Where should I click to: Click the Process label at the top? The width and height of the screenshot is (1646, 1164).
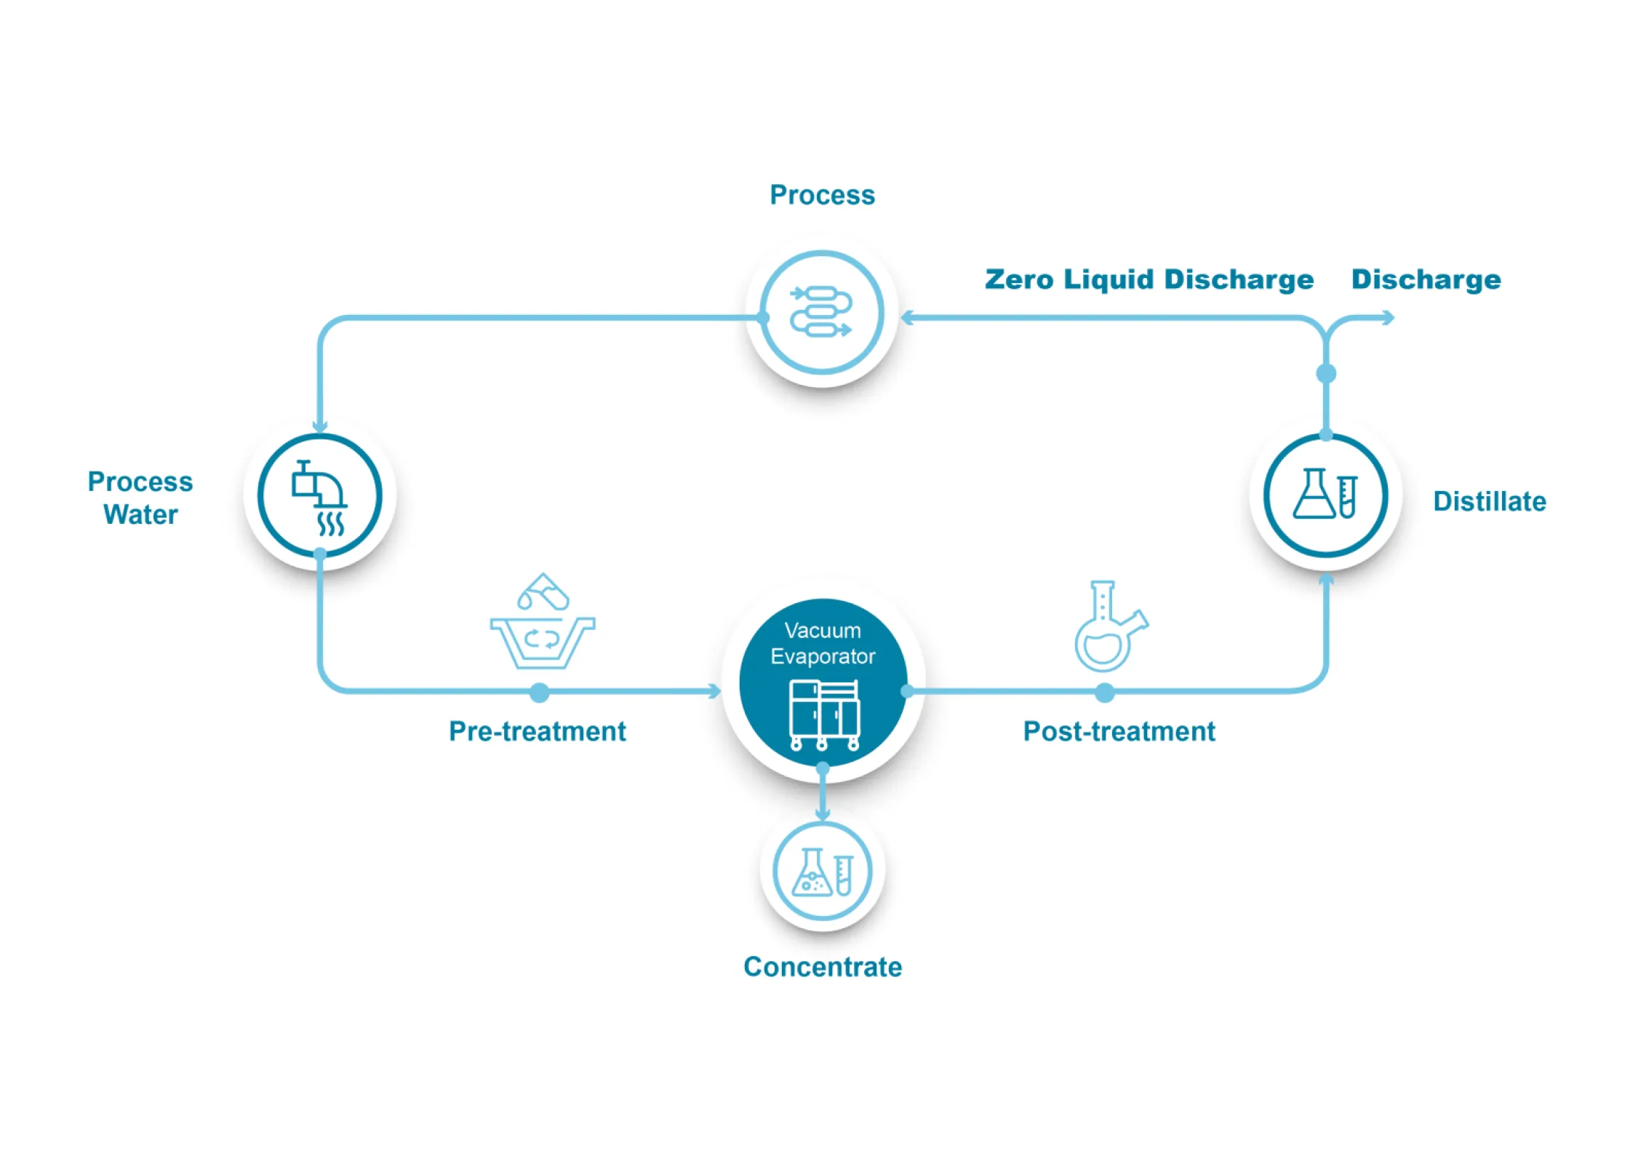822,195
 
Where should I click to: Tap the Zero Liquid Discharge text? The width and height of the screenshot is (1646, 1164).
1148,279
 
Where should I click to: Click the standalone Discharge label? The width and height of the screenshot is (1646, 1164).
1425,279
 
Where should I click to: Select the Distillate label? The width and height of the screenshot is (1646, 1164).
1489,501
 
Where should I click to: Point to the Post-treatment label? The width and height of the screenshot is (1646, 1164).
1118,731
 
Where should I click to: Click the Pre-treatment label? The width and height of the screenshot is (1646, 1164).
537,731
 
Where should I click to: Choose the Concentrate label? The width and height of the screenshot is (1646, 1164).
822,967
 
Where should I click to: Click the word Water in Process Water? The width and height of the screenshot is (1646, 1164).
140,514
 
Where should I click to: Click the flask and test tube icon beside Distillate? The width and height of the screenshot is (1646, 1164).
1325,494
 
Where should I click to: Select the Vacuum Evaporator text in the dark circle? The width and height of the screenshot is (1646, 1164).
822,643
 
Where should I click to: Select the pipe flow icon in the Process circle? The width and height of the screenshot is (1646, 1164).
821,312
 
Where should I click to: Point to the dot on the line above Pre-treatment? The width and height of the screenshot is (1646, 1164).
539,693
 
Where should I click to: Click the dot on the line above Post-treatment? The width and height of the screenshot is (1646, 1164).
1104,693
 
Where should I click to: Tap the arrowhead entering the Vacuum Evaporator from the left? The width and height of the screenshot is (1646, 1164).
715,691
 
